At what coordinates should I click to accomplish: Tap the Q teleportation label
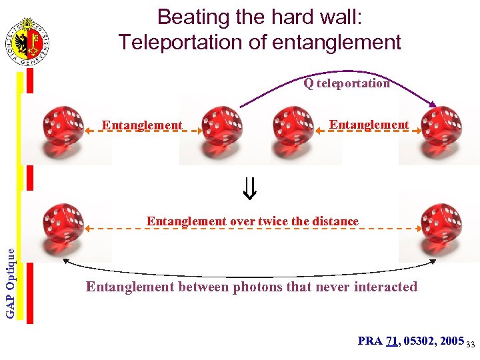click(x=347, y=83)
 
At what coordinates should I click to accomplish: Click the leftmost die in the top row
click(x=63, y=125)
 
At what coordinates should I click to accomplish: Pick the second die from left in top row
click(x=221, y=125)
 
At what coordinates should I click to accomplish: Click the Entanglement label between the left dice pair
click(x=141, y=125)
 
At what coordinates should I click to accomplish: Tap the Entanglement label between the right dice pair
click(x=369, y=125)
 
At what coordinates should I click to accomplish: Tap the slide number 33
click(x=470, y=344)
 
